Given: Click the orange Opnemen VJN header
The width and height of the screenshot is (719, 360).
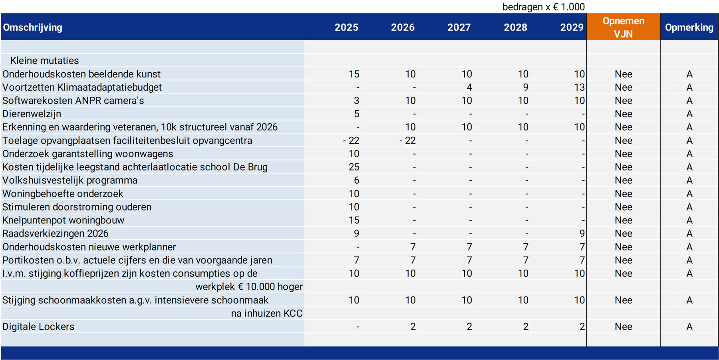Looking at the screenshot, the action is pos(623,27).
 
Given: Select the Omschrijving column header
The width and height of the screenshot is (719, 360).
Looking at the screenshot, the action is pos(33,27).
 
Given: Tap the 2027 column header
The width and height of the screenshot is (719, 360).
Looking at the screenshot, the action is pos(459,27).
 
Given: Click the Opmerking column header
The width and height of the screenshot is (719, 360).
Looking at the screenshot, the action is pos(689,27).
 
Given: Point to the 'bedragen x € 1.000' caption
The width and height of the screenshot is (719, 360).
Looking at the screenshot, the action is pos(543,7).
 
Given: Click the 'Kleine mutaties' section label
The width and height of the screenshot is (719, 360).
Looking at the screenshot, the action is pos(44,60).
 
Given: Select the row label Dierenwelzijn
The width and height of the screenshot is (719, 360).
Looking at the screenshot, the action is pos(32,114).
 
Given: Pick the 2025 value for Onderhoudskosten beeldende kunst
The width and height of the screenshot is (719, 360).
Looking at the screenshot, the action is pos(354,74).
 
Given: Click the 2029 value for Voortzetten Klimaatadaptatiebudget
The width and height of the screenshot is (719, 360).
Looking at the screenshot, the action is pos(580,87).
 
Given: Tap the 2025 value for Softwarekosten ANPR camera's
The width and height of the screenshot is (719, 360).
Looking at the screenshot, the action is pos(356,101).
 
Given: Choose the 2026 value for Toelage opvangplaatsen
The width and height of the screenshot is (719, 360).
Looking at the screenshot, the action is pos(407,141).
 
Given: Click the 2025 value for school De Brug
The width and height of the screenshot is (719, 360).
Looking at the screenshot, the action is pos(354,167).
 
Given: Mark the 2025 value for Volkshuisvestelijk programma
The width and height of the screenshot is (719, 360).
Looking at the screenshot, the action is pos(356,180).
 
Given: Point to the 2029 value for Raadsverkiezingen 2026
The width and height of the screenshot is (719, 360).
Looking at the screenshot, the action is pos(582,233).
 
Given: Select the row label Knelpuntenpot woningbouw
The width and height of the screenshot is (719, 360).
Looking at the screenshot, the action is pos(63,220).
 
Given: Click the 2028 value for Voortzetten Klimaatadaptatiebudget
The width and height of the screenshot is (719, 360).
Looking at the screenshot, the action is pos(526,87).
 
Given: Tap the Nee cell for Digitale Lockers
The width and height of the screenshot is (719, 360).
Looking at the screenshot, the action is pos(623,326).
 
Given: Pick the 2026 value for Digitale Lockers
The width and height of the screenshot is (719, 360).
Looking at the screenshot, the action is pos(413,326).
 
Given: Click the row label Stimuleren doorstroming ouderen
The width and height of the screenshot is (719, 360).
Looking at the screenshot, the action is pos(77,207).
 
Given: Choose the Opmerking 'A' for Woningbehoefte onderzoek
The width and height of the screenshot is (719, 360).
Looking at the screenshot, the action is pos(689,194).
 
